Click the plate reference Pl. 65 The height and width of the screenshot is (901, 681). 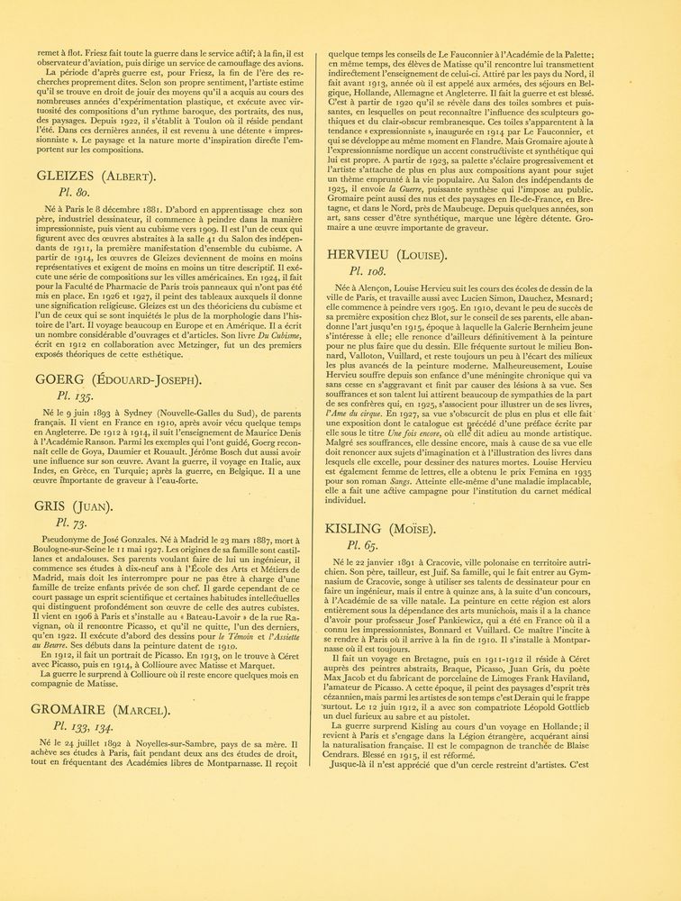point(365,544)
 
